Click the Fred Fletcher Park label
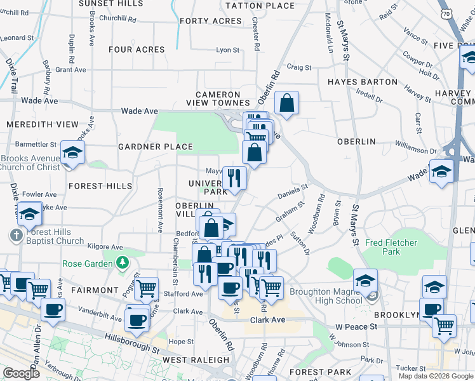(391, 247)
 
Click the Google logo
(20, 373)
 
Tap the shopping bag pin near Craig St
(286, 102)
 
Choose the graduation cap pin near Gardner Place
(72, 152)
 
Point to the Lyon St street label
(227, 50)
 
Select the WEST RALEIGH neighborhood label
(187, 360)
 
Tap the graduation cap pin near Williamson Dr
(441, 171)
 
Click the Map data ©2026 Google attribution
(436, 376)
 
